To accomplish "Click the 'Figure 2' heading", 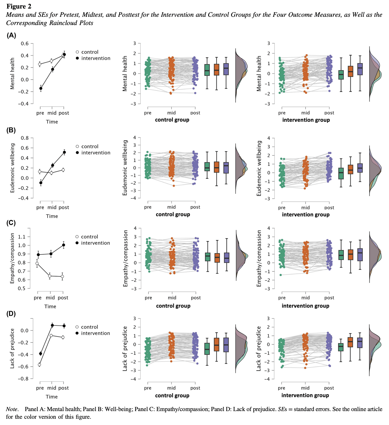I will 19,6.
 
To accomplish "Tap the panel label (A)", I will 11,35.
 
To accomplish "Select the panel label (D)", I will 11,313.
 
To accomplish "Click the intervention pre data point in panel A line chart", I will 41,88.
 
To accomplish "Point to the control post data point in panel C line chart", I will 62,277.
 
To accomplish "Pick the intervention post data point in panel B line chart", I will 64,152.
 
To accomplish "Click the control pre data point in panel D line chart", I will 40,364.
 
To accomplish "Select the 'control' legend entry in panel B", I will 90,147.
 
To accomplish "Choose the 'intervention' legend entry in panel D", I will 95,333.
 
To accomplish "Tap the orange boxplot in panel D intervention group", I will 350,342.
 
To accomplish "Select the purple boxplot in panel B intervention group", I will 360,168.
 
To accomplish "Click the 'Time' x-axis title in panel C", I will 50,306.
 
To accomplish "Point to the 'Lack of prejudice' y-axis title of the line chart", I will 12,348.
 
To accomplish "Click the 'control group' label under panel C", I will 173,306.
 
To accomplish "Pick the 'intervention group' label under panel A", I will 306,120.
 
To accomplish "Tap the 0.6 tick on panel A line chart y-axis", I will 25,44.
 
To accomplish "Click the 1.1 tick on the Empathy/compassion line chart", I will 22,237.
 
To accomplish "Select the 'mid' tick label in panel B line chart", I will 52,207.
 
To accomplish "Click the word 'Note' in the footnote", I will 12,409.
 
